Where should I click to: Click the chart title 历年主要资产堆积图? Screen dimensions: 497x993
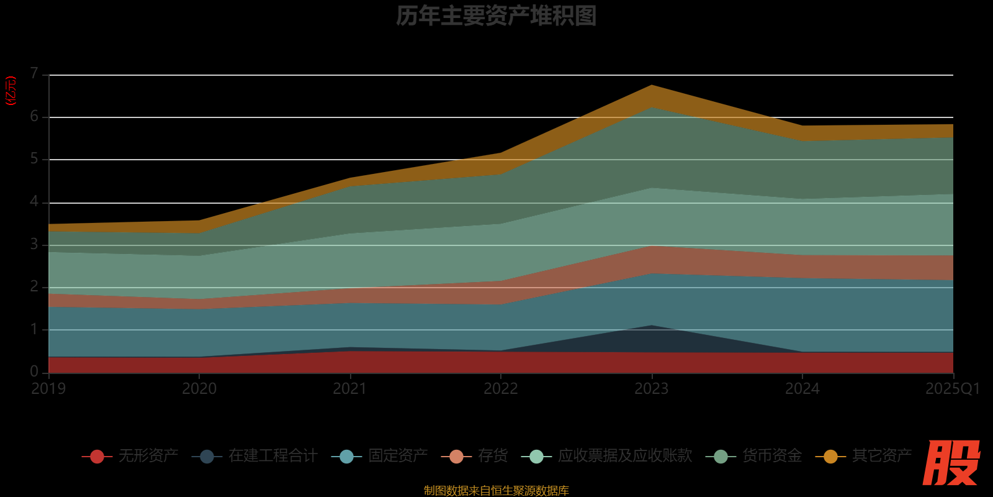(x=496, y=16)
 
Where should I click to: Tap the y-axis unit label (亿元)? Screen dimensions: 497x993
(x=11, y=91)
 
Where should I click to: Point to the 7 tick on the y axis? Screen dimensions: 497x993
(x=34, y=74)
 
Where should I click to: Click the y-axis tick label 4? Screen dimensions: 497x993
(x=34, y=202)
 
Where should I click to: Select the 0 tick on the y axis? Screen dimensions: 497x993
(x=34, y=372)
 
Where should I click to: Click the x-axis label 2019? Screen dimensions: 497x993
(x=48, y=389)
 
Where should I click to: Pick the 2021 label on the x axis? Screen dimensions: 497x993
(x=350, y=389)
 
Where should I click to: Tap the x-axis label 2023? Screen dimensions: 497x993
(x=651, y=389)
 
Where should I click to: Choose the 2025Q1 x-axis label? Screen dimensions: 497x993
(x=952, y=389)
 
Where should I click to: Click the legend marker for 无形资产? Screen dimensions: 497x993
(x=97, y=457)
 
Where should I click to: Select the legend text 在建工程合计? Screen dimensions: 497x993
(x=273, y=456)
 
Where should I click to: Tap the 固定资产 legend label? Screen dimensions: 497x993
(x=398, y=456)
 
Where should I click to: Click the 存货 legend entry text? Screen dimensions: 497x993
(x=493, y=456)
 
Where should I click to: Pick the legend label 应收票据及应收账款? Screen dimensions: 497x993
(x=625, y=456)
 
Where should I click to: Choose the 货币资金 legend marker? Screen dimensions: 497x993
(x=721, y=457)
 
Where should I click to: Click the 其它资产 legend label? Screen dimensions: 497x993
(x=881, y=456)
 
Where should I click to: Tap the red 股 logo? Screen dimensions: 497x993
(x=951, y=463)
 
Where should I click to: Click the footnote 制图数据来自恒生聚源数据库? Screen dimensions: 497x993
(x=496, y=491)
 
